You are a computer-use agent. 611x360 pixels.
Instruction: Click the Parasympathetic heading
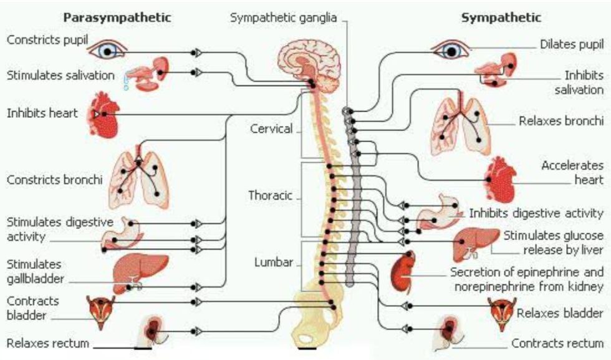[x=117, y=17]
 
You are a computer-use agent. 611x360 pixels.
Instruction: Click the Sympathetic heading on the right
[x=501, y=17]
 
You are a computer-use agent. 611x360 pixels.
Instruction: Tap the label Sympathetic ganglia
[x=283, y=17]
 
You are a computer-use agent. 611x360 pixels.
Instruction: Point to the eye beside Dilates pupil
[x=451, y=49]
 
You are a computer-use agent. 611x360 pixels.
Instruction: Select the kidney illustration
[x=403, y=271]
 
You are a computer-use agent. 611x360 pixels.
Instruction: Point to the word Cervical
[x=271, y=129]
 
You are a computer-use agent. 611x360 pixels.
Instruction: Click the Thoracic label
[x=270, y=195]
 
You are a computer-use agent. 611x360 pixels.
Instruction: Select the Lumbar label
[x=273, y=262]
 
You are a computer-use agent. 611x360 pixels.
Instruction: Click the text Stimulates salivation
[x=61, y=75]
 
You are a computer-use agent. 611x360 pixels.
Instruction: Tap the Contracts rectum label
[x=557, y=343]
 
